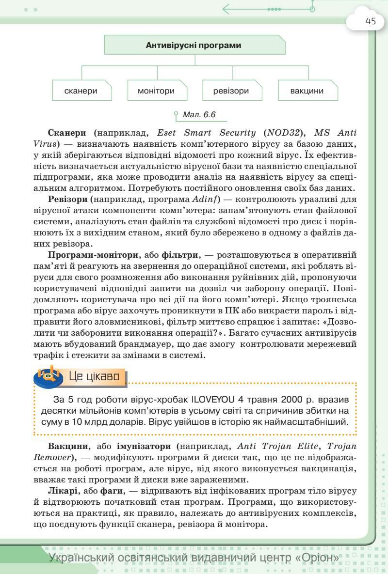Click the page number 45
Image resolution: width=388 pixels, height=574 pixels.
(371, 22)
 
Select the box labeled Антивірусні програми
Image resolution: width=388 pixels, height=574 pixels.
(194, 46)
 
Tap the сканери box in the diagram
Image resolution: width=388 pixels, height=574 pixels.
(81, 91)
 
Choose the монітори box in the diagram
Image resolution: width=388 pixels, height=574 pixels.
(156, 91)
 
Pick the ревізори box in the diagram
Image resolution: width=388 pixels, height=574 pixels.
(231, 91)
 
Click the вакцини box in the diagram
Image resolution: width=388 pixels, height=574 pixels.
(307, 91)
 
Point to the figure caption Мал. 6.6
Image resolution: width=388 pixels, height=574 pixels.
(199, 115)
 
